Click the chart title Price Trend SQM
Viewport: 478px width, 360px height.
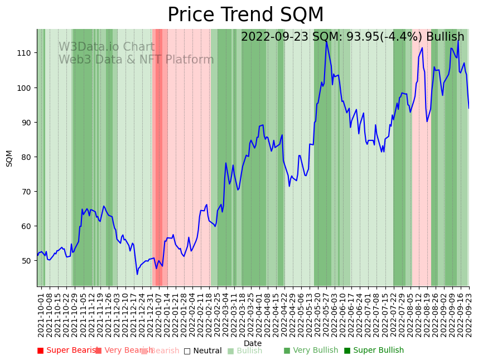pos(245,15)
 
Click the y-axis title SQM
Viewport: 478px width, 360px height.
pos(9,158)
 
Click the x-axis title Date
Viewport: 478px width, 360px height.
pos(253,343)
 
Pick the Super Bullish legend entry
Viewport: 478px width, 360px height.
pos(374,351)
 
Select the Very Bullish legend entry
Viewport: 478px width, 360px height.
pos(311,351)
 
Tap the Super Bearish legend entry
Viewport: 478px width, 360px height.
pos(67,351)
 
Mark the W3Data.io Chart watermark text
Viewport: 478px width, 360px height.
pos(107,47)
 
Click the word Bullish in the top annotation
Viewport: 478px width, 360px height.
pos(445,37)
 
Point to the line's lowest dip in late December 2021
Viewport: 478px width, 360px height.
pos(137,274)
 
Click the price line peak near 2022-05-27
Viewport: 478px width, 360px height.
pos(326,41)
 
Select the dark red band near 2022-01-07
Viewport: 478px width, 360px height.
pos(159,156)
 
